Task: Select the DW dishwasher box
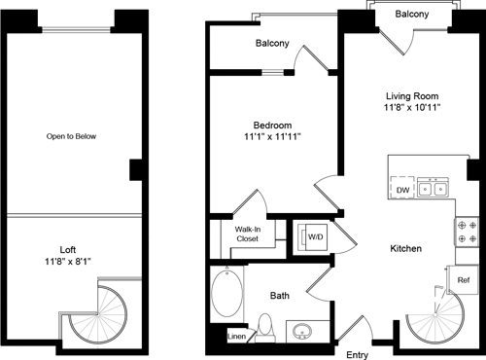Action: (400, 190)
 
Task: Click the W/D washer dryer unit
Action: (314, 236)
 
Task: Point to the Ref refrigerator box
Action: (465, 279)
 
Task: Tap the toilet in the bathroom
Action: (264, 326)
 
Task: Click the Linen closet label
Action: (236, 338)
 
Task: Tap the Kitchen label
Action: (406, 250)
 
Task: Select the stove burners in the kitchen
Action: (463, 231)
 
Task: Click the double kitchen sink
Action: (433, 190)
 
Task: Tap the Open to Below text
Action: (72, 136)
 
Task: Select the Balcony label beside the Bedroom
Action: (273, 44)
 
